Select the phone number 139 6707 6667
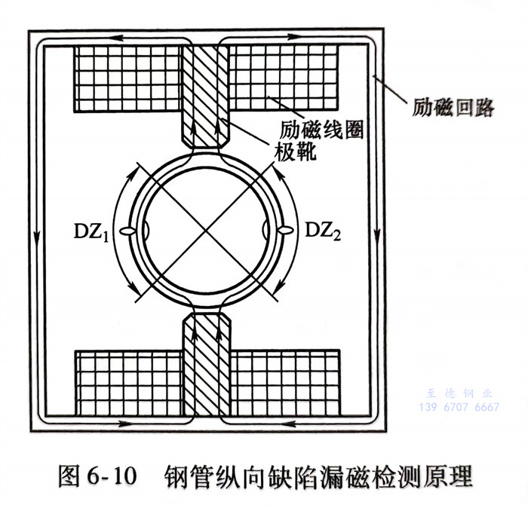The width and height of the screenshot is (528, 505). click(458, 407)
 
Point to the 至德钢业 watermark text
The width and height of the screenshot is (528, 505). click(458, 393)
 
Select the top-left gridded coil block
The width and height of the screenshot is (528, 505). click(130, 76)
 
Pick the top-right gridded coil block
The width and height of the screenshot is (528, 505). click(285, 76)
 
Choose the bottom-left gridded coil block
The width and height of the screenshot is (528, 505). click(130, 382)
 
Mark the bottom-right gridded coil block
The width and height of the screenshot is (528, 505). click(285, 382)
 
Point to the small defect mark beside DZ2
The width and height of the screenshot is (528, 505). click(284, 229)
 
